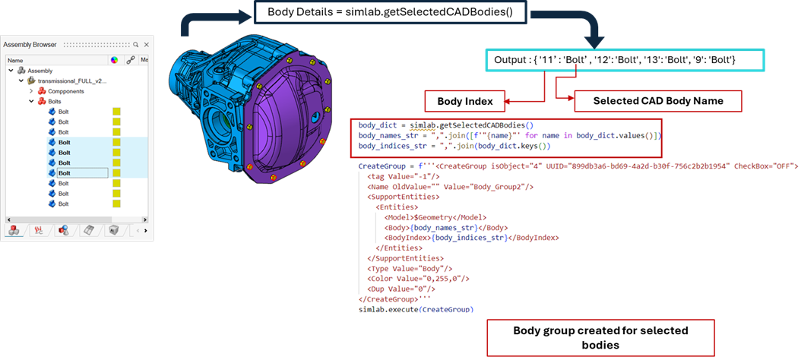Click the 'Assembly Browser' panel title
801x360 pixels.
[30, 45]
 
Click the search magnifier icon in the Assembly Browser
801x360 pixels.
[135, 45]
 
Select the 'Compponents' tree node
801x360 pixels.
[67, 90]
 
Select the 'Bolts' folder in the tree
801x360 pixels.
[54, 101]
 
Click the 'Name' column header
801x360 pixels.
[15, 60]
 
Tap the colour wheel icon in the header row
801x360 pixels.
[114, 60]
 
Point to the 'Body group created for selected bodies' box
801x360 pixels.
[600, 337]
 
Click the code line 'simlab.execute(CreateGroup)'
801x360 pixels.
[415, 310]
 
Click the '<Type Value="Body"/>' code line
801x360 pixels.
[410, 268]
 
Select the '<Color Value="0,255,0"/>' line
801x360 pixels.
[418, 279]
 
